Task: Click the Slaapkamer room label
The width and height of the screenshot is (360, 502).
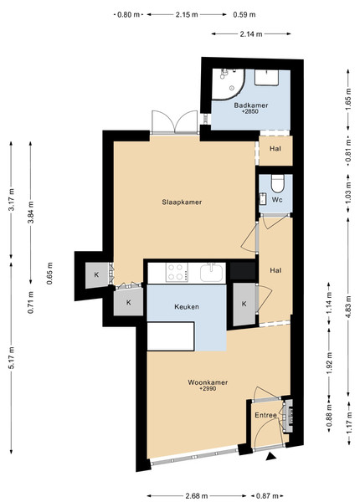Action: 182,202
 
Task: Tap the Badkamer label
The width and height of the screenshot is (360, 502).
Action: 251,105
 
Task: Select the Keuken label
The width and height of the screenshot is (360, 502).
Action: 187,307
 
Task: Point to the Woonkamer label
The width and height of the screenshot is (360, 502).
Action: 208,382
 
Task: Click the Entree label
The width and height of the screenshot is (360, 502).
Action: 266,415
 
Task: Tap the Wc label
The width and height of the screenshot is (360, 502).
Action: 277,200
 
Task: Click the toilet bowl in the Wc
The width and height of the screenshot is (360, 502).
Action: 278,183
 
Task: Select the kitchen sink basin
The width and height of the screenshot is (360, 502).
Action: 211,273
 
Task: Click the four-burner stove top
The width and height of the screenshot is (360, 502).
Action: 177,272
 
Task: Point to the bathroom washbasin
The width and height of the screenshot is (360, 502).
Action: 266,77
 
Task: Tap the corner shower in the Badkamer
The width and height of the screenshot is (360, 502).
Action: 228,84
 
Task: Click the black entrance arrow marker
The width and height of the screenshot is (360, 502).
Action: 271,457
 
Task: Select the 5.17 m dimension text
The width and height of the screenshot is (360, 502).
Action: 12,357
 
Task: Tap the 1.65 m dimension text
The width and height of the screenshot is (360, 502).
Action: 349,100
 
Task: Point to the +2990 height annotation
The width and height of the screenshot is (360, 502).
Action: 208,389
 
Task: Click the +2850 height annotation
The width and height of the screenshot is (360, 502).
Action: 250,111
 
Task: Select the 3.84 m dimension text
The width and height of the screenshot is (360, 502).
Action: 31,213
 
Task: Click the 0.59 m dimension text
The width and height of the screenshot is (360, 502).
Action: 244,14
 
